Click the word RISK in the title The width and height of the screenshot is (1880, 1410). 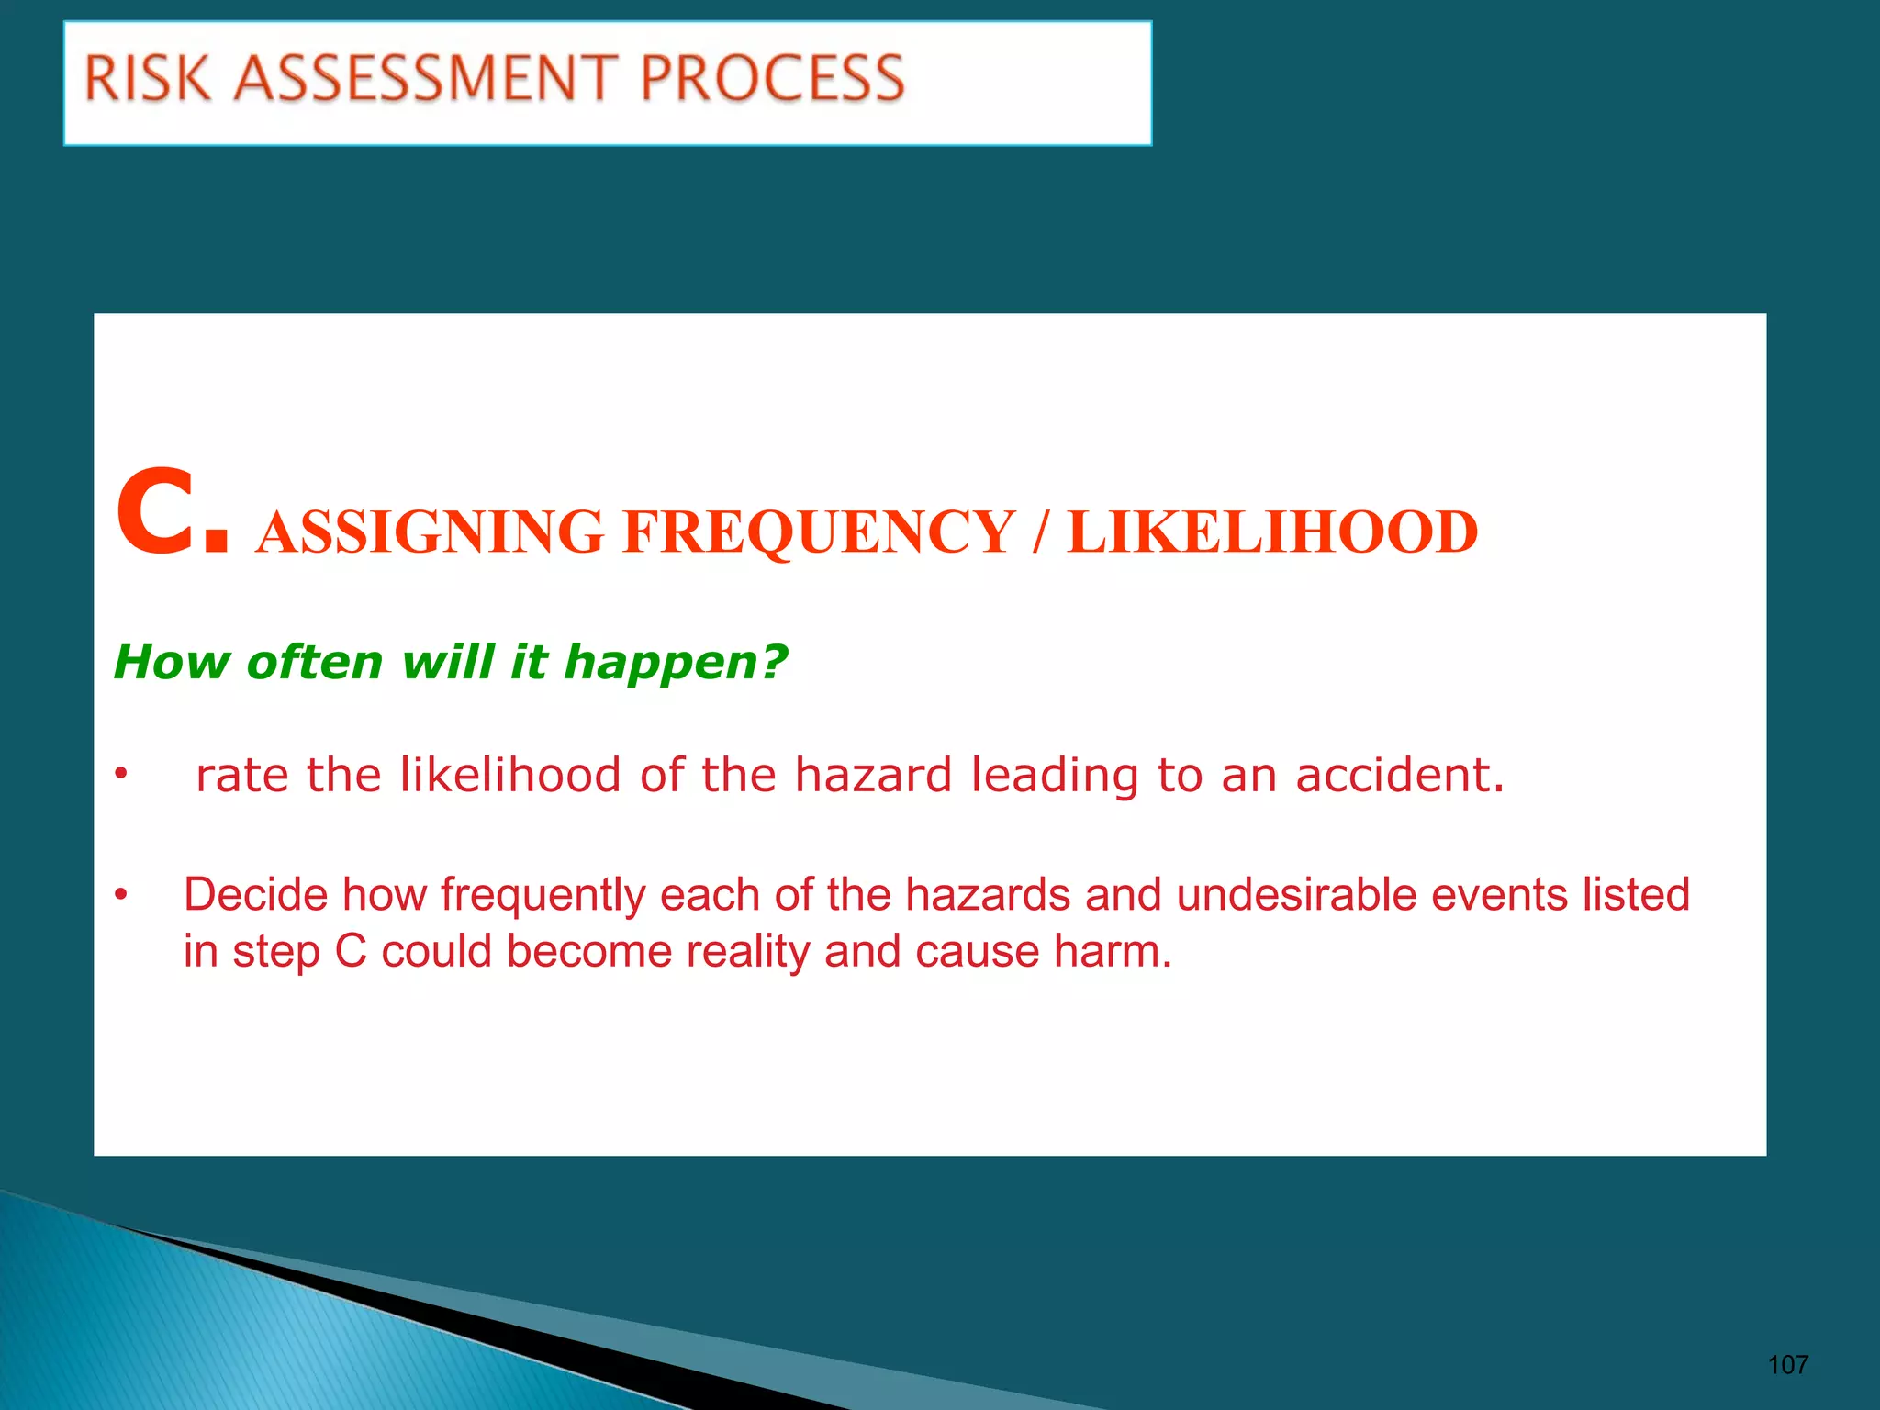tap(148, 78)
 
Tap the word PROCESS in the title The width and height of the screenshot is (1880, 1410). tap(772, 78)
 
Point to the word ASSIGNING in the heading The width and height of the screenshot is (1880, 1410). tap(429, 532)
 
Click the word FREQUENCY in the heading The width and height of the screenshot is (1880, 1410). tap(818, 532)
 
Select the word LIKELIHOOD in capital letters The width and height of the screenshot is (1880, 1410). tap(1272, 532)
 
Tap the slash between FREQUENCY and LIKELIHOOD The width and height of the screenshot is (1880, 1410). tap(1040, 532)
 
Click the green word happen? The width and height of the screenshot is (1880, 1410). tap(676, 662)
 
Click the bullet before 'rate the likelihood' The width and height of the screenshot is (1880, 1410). tap(120, 776)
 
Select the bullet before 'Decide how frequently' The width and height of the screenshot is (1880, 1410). tap(120, 894)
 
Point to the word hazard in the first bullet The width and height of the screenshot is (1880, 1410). tap(872, 775)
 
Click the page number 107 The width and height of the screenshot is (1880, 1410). tap(1787, 1365)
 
